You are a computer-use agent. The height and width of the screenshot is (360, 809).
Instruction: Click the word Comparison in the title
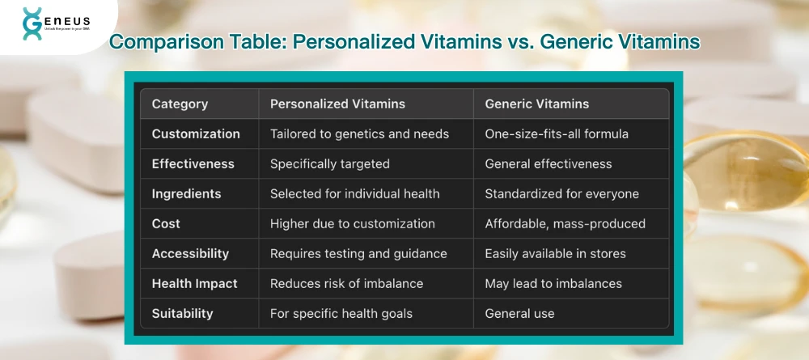156,42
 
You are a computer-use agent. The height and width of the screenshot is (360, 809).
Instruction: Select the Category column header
180,104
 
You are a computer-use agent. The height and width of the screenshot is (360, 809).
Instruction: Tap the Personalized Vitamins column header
337,104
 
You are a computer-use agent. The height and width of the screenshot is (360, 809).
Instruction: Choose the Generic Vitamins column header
536,104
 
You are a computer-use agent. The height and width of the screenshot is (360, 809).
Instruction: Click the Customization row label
196,133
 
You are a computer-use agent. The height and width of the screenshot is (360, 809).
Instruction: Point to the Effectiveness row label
193,163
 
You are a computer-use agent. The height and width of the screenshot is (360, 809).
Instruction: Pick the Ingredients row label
186,193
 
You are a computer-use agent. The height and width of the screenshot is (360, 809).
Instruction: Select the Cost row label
166,223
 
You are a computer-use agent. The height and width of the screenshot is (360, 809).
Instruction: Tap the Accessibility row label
190,253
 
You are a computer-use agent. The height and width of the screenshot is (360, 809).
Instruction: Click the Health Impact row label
194,283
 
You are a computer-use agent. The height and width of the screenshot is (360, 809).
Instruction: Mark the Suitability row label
183,313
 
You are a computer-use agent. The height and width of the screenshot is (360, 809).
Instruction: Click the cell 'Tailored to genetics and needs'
359,133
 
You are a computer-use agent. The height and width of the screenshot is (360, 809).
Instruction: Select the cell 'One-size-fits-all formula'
556,133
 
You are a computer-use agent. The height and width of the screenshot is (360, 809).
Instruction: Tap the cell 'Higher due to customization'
352,223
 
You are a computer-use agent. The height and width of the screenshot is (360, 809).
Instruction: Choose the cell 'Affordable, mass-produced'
565,223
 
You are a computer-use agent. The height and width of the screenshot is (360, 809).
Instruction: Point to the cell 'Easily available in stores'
555,253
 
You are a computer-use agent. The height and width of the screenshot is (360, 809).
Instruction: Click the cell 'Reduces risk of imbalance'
346,283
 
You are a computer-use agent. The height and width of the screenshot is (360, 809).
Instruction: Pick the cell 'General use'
519,313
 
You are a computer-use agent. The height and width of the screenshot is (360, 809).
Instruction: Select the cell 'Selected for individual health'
354,193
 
